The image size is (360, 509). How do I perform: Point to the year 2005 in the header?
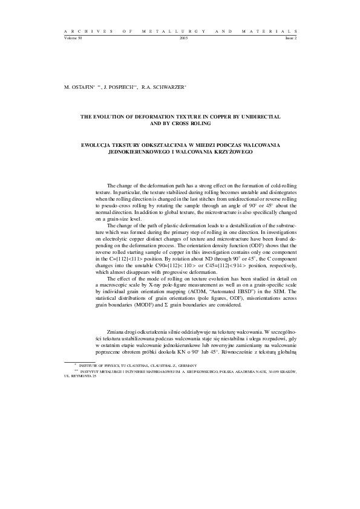(x=184, y=37)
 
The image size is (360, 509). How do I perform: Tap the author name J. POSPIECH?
(x=120, y=87)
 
